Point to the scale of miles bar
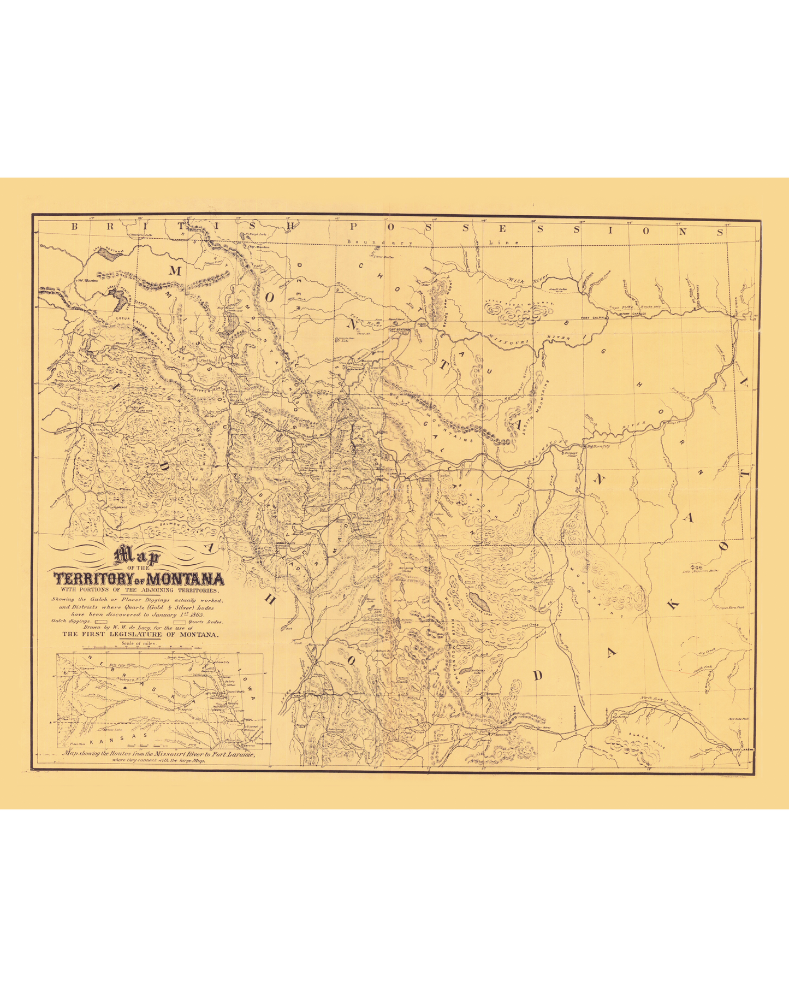(x=137, y=648)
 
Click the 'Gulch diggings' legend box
(x=101, y=621)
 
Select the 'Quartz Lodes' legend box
(x=180, y=621)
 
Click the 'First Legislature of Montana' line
(x=140, y=635)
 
